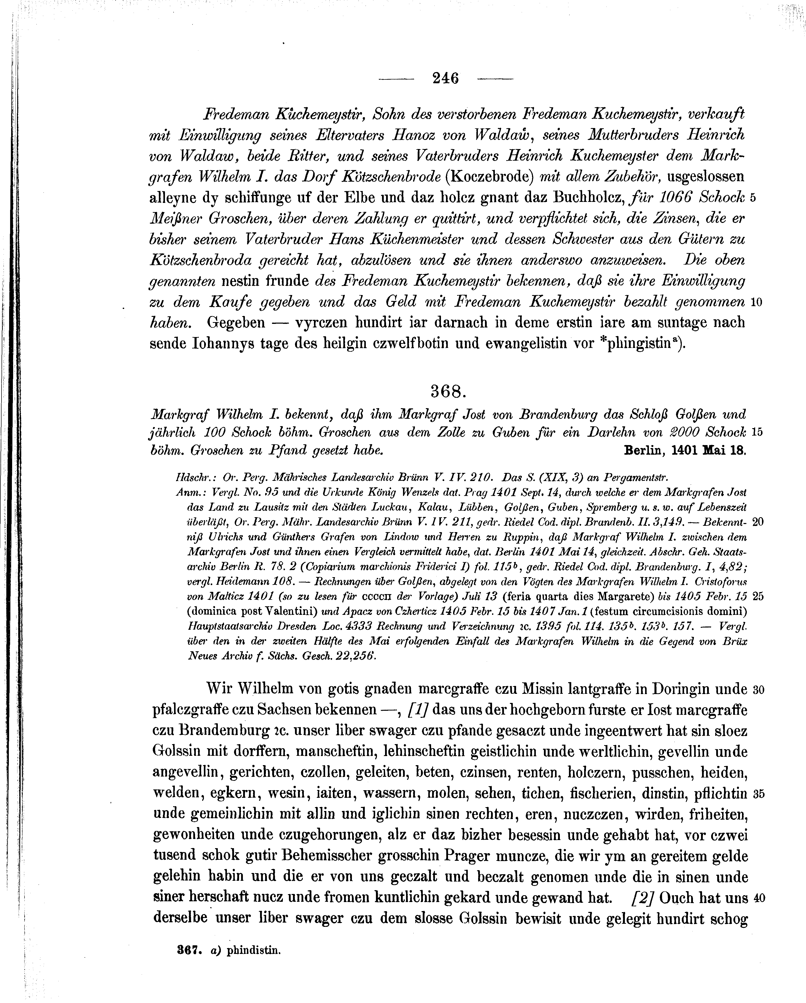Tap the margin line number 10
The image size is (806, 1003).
tap(756, 302)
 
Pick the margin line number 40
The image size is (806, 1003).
tap(758, 898)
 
